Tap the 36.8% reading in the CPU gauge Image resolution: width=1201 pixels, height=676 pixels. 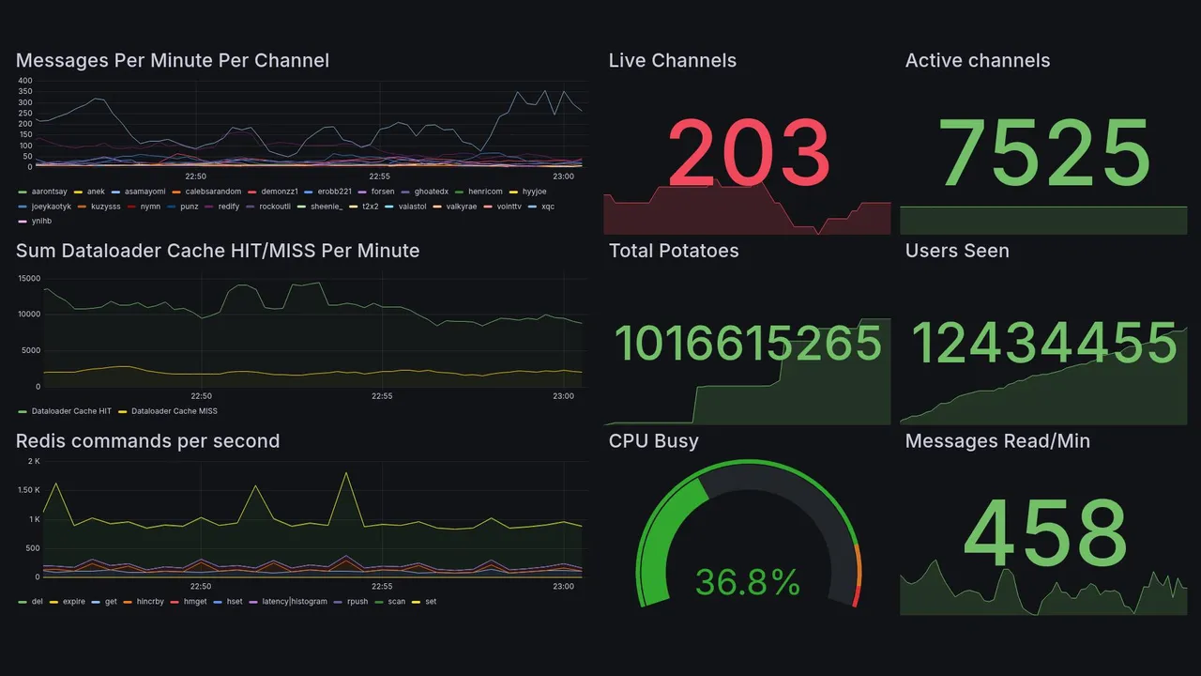(748, 582)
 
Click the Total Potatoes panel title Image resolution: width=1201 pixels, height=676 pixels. (674, 251)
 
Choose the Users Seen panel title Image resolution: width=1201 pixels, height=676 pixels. (957, 251)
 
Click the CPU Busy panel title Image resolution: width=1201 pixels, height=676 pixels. (653, 441)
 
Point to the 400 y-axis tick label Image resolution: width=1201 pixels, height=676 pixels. (25, 81)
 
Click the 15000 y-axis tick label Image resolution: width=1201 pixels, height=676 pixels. (29, 279)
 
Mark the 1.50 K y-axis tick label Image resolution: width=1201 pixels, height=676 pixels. (29, 490)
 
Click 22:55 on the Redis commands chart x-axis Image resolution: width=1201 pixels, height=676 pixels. (382, 587)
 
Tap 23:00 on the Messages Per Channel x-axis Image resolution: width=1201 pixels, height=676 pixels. (563, 176)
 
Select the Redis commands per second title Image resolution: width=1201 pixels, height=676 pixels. (147, 441)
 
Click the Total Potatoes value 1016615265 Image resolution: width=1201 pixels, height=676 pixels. (748, 343)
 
